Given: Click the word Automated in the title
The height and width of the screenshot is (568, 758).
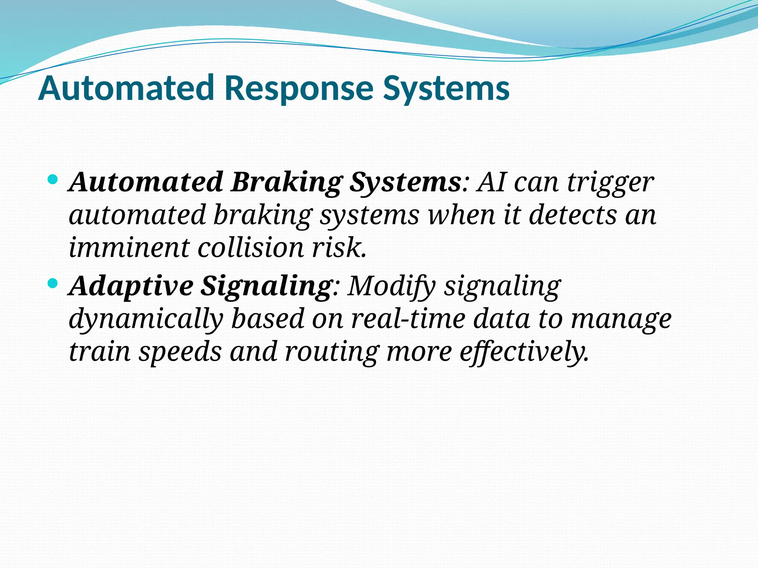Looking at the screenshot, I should click(x=126, y=88).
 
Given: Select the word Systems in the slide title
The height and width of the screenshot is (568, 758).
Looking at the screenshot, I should click(x=446, y=88).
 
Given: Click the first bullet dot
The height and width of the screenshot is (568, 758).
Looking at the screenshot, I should click(x=53, y=180).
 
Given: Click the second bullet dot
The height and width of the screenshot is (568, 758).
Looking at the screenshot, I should click(x=53, y=284).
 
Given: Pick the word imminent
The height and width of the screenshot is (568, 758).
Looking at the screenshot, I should click(x=129, y=247).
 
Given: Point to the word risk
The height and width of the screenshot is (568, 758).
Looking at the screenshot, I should click(x=339, y=247).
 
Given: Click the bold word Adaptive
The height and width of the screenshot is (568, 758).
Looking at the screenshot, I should click(x=132, y=286).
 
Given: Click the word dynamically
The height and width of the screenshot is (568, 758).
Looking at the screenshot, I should click(x=146, y=319).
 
